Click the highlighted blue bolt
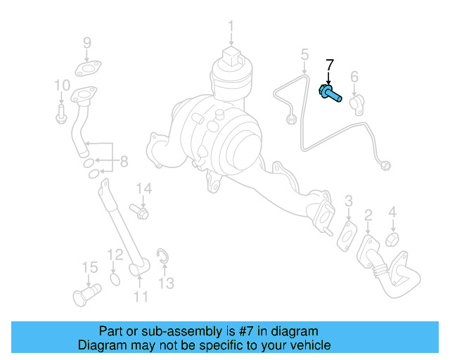point(331,94)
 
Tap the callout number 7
point(329,68)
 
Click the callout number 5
point(304,54)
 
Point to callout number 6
point(354,77)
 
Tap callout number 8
point(124,162)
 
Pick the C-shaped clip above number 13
point(162,257)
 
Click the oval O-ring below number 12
point(115,281)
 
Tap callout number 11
point(141,296)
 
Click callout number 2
point(367,214)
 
